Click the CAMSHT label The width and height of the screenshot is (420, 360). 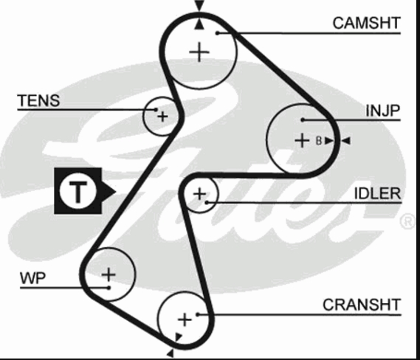pyautogui.click(x=366, y=23)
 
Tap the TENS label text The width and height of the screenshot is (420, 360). pyautogui.click(x=38, y=100)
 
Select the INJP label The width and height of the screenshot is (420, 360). pyautogui.click(x=383, y=111)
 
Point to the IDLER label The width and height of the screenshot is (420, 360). pyautogui.click(x=378, y=193)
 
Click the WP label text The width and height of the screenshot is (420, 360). pyautogui.click(x=33, y=278)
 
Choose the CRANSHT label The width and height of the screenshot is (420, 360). pyautogui.click(x=362, y=305)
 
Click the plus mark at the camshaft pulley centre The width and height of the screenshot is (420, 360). pyautogui.click(x=199, y=52)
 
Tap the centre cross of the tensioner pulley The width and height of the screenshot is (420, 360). pyautogui.click(x=162, y=117)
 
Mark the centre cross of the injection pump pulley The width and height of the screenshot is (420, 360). pyautogui.click(x=302, y=140)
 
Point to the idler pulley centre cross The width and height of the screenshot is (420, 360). pyautogui.click(x=199, y=194)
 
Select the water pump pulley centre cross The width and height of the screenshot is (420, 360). pyautogui.click(x=109, y=274)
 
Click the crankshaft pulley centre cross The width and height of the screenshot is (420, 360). pyautogui.click(x=185, y=320)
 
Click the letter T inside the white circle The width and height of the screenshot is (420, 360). pyautogui.click(x=78, y=191)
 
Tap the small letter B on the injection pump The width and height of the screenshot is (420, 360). pyautogui.click(x=319, y=140)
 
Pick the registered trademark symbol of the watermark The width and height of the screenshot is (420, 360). pyautogui.click(x=408, y=221)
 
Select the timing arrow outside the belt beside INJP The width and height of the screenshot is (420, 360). pyautogui.click(x=346, y=140)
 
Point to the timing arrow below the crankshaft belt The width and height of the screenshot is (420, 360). pyautogui.click(x=171, y=354)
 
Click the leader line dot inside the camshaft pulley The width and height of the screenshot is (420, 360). pyautogui.click(x=218, y=33)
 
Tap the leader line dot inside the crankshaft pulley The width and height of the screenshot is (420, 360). pyautogui.click(x=198, y=314)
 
